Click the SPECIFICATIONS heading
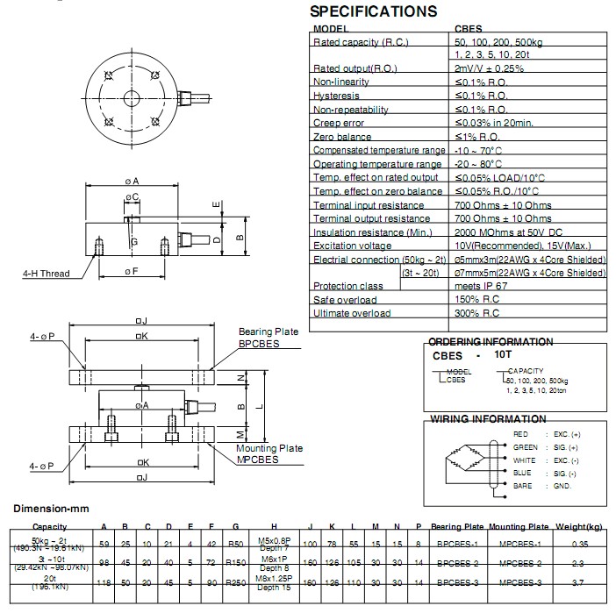click(374, 11)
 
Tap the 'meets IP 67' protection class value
click(482, 287)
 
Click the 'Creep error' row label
click(339, 124)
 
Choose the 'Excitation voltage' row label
click(354, 246)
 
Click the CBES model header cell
click(468, 29)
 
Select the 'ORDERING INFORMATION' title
click(491, 342)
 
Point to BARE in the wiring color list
click(522, 484)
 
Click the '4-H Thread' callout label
click(46, 274)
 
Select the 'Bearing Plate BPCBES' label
click(269, 339)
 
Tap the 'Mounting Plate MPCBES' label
click(269, 453)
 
